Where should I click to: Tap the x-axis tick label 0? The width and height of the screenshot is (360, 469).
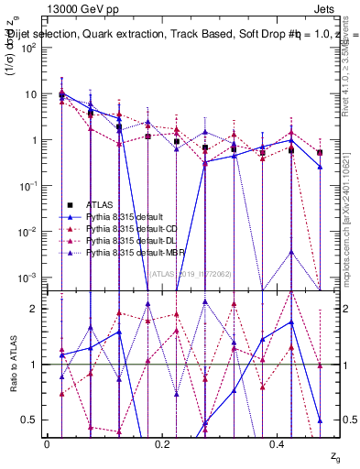47,443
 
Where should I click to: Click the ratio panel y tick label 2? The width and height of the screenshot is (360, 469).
34,309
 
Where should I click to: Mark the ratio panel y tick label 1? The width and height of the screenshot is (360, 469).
34,365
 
